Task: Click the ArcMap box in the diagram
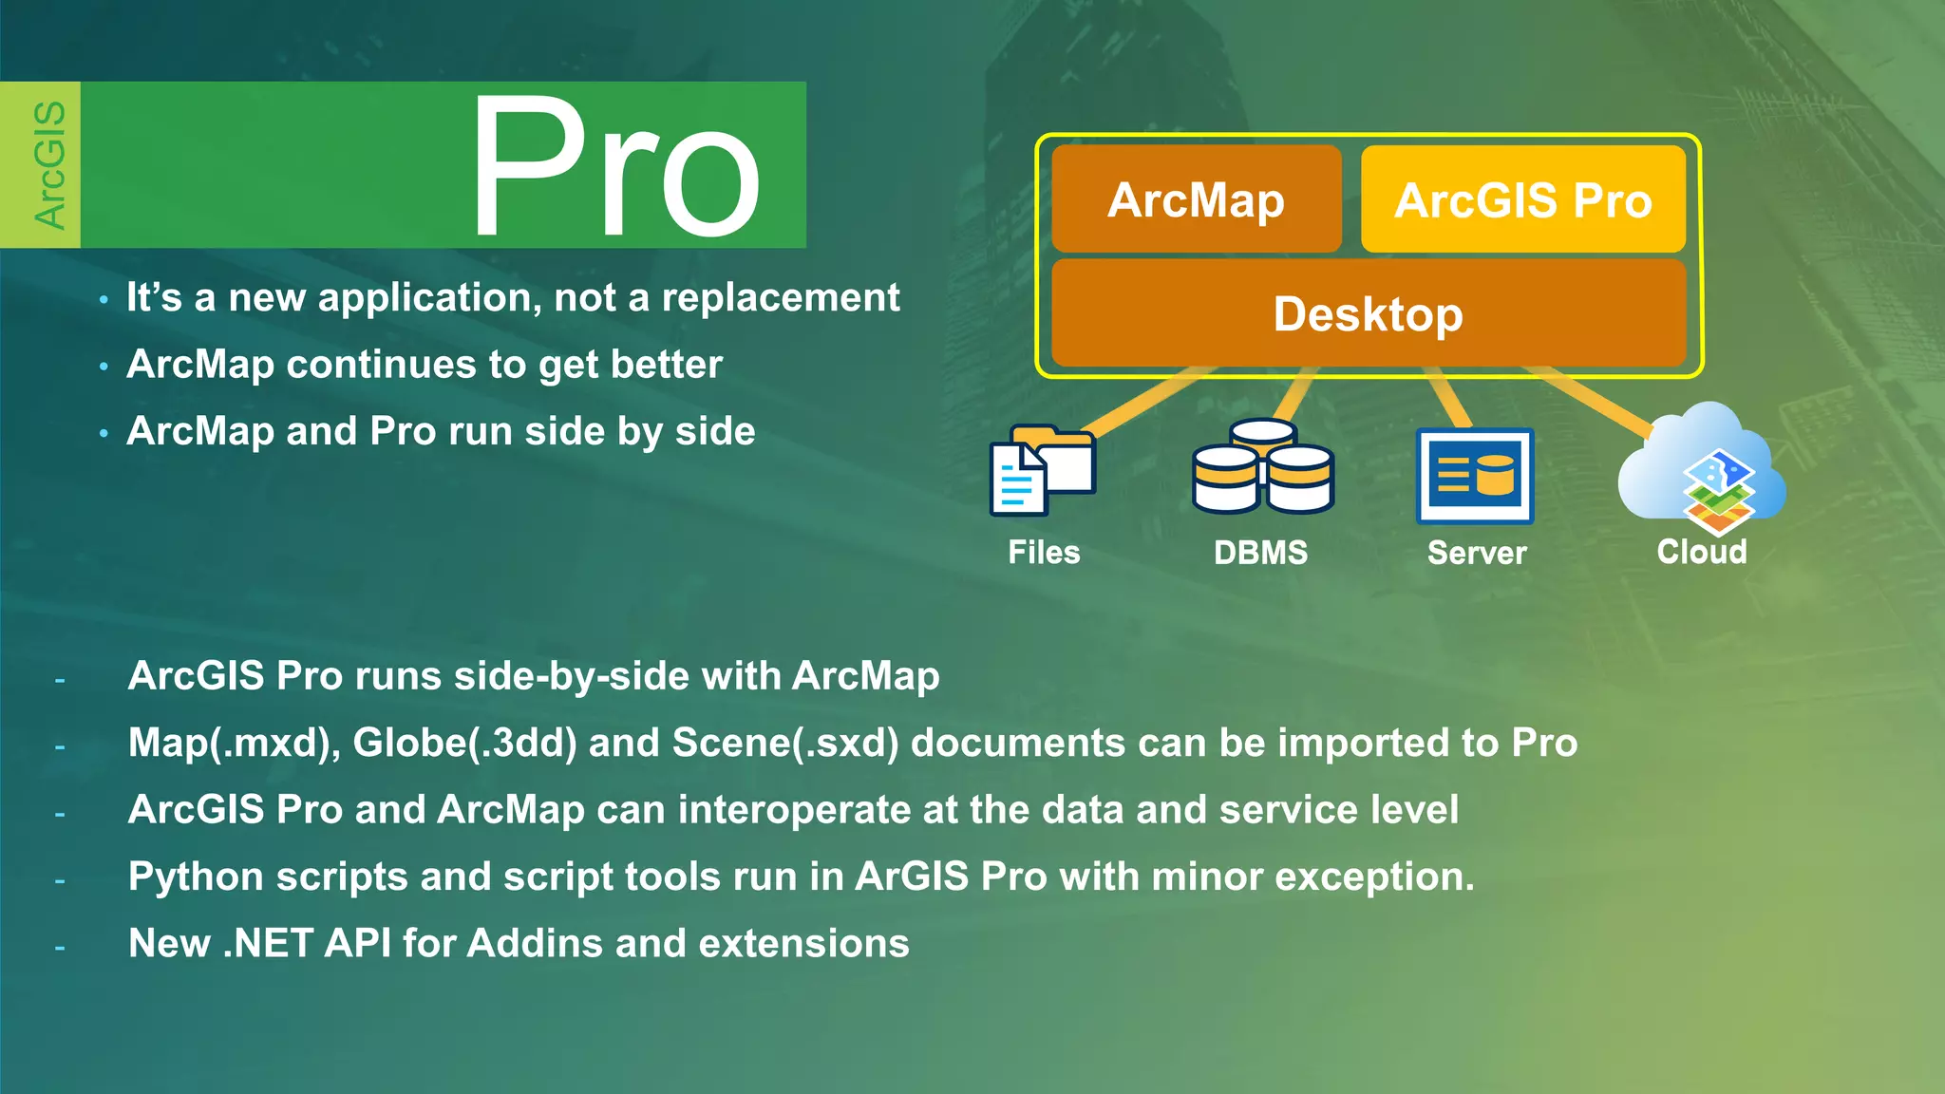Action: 1196,199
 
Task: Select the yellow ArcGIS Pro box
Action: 1522,199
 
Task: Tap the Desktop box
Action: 1368,313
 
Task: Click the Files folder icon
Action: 1043,470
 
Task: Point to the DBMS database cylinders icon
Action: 1263,467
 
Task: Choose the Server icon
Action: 1475,475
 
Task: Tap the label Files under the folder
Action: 1044,553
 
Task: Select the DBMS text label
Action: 1260,553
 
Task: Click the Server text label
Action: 1477,553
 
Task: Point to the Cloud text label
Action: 1702,552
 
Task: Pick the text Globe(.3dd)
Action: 464,743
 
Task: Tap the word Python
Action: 196,877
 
